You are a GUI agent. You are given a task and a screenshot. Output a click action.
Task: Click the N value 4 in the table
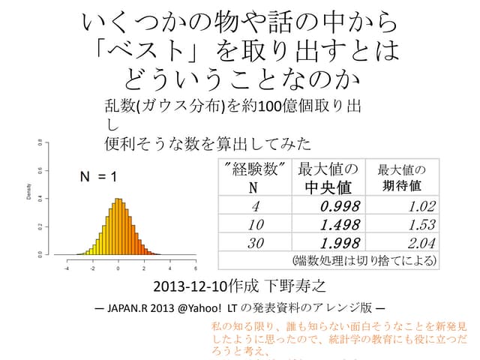coord(256,206)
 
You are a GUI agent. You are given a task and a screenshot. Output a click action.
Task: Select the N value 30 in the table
coord(256,243)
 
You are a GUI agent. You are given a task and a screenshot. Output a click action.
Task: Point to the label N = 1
coord(98,177)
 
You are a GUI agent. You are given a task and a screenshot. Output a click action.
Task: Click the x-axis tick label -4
coord(66,268)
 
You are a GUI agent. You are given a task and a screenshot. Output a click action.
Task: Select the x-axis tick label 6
coord(196,268)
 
